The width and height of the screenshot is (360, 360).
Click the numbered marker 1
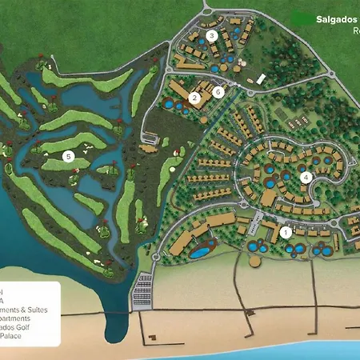(286, 233)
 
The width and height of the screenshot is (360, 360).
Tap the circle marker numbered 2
(194, 98)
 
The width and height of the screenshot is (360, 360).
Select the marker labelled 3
(211, 35)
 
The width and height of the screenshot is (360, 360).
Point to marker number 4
(305, 178)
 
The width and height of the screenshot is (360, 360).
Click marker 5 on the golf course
(69, 157)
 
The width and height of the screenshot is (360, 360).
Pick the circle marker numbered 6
(218, 91)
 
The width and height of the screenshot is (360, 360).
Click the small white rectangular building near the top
(260, 79)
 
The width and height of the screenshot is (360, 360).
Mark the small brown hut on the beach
(255, 261)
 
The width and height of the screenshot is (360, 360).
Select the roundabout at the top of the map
(206, 14)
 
